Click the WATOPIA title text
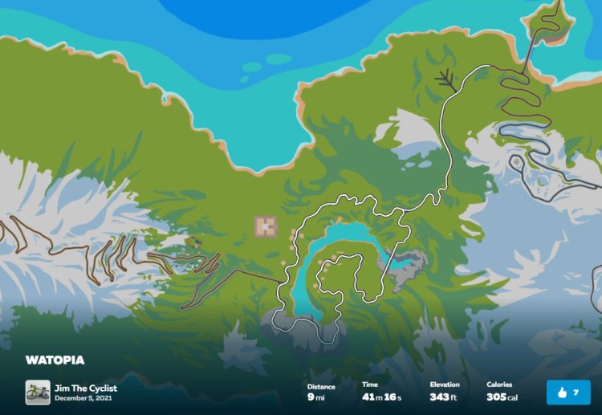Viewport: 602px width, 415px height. tap(55, 360)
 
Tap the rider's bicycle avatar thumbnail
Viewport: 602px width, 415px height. tap(38, 393)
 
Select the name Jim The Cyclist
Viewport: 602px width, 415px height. tap(85, 389)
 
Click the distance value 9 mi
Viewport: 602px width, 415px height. tap(315, 397)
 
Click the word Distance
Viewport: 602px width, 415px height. tap(321, 385)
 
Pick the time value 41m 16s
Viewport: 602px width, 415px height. tap(382, 397)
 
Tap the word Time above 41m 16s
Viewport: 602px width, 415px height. tap(369, 385)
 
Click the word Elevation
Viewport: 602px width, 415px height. tap(445, 385)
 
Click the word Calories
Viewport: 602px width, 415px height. tap(499, 385)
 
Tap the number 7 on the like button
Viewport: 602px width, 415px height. tap(576, 393)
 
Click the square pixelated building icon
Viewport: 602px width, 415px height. tap(266, 226)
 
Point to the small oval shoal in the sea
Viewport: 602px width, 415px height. tap(279, 59)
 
